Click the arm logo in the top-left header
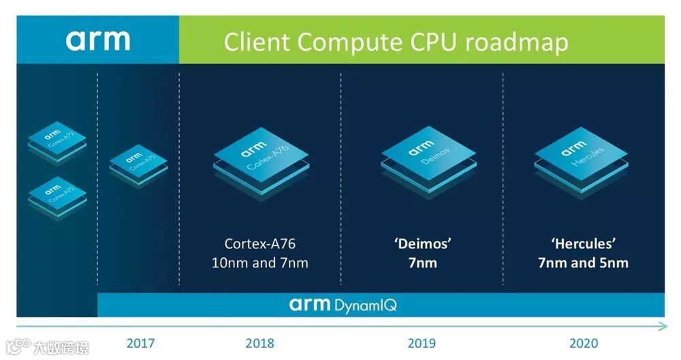coord(97,40)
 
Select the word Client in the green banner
coord(257,42)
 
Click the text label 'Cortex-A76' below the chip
coord(259,244)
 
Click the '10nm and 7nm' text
coord(259,263)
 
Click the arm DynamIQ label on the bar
coord(343,304)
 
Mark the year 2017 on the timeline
coord(142,343)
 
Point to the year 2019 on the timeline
coord(422,343)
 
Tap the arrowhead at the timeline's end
coord(663,327)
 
